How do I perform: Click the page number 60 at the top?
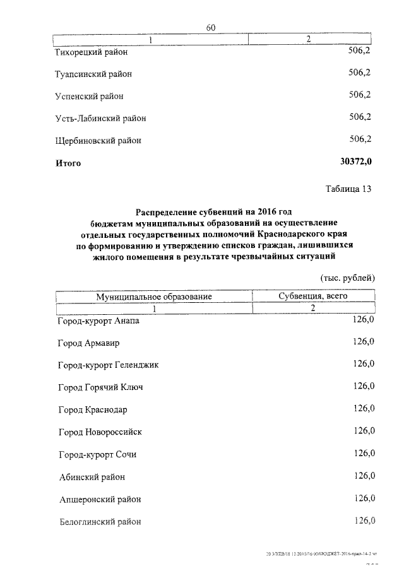(211, 27)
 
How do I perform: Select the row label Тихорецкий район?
(96, 52)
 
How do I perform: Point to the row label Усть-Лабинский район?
(101, 118)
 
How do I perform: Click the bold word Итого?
(68, 163)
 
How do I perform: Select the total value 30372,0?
(356, 162)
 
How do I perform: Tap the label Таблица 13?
(349, 189)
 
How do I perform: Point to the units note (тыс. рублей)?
(348, 278)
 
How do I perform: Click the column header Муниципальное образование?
(153, 296)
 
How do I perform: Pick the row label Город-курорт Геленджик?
(109, 365)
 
